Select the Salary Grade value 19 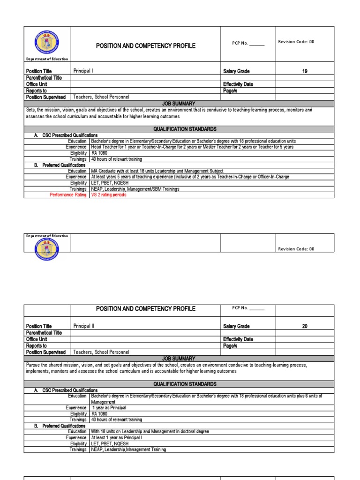tap(305, 71)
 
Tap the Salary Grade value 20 tap(305, 326)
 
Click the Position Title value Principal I tap(83, 71)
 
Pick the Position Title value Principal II tap(84, 326)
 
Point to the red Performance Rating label tap(68, 195)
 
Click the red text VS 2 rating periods tap(109, 195)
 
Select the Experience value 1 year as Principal tap(109, 408)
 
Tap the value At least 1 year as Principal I tap(116, 437)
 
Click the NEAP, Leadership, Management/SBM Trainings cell tap(135, 189)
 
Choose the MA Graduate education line tap(157, 171)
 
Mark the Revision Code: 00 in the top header tap(296, 42)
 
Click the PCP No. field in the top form tap(248, 43)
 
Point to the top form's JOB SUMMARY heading tap(179, 104)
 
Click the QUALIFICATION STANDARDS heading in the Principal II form tap(179, 384)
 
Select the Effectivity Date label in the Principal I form tap(238, 84)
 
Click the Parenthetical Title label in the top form tap(44, 78)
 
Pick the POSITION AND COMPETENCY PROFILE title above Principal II tap(146, 308)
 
